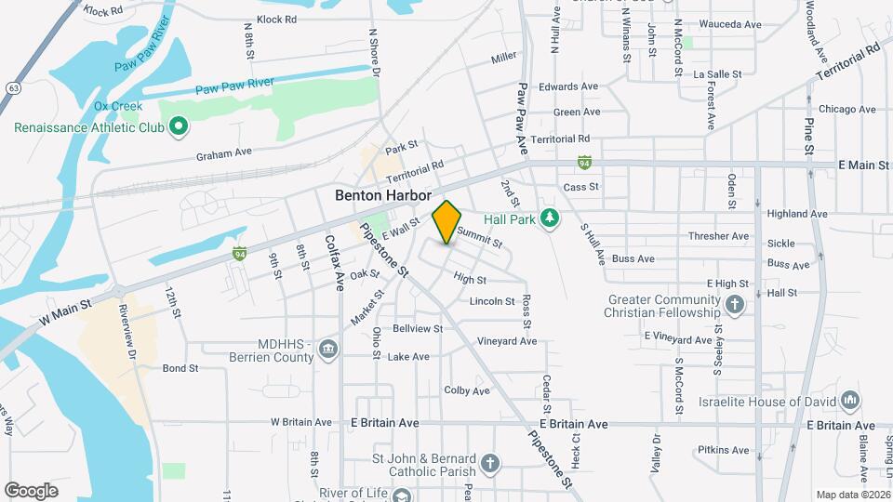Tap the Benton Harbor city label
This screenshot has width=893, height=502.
384,196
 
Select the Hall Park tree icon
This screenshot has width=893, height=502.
550,217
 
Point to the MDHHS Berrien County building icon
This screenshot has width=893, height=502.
327,349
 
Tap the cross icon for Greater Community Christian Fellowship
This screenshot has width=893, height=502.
735,304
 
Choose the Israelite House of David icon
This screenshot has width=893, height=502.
849,401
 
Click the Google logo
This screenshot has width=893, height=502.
31,490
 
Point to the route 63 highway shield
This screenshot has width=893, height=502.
12,86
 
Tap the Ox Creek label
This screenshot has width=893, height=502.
117,106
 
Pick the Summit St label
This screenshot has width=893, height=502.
479,239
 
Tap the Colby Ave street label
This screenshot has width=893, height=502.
467,390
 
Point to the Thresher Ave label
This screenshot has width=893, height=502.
718,236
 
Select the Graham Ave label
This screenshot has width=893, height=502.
223,152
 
